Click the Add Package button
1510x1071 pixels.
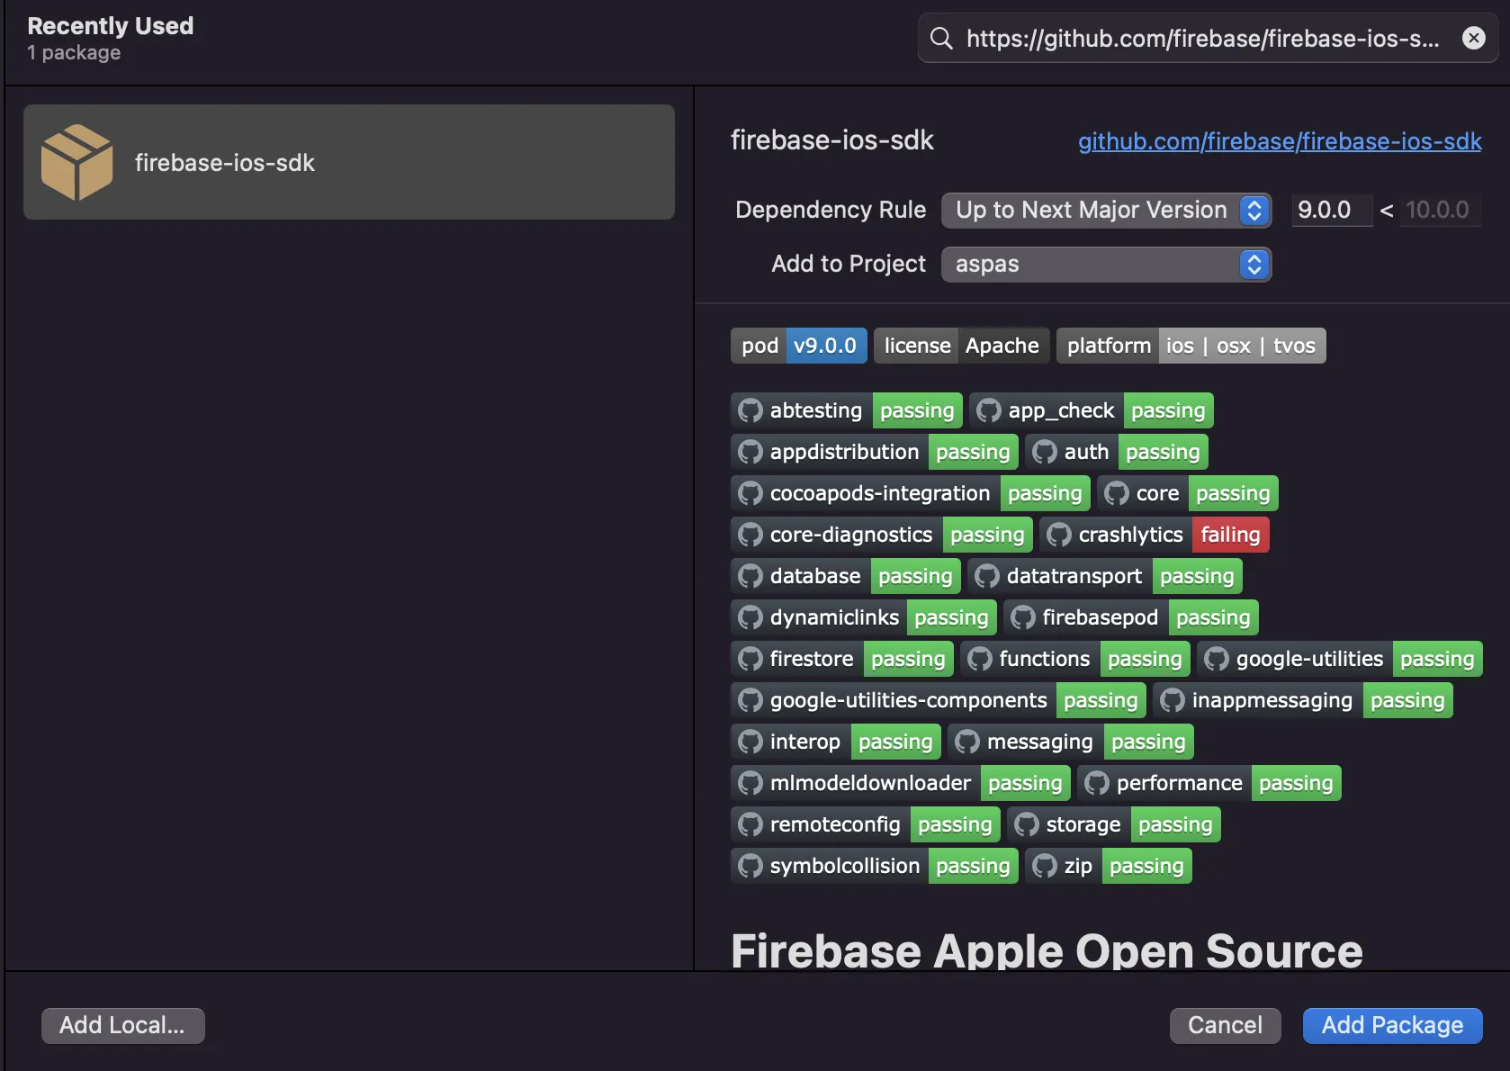pos(1392,1025)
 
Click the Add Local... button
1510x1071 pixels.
pos(122,1025)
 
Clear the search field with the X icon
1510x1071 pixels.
pos(1473,38)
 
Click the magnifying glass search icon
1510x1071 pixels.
pos(941,38)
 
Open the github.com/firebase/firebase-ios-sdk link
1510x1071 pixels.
pos(1279,141)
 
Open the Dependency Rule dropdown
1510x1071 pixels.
pos(1106,210)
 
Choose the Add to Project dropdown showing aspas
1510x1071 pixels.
pos(1106,264)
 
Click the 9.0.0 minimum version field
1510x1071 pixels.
pos(1331,210)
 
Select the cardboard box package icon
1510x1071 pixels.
pos(77,162)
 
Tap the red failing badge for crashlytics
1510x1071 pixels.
pos(1230,535)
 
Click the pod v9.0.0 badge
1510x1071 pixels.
pos(798,346)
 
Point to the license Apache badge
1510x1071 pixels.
pos(961,346)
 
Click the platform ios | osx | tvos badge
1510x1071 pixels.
pos(1191,346)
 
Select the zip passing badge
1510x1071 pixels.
pos(1109,866)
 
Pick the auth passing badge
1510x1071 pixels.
pos(1116,452)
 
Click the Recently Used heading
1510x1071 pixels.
pos(111,26)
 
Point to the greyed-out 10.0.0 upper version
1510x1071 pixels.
pos(1436,210)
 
